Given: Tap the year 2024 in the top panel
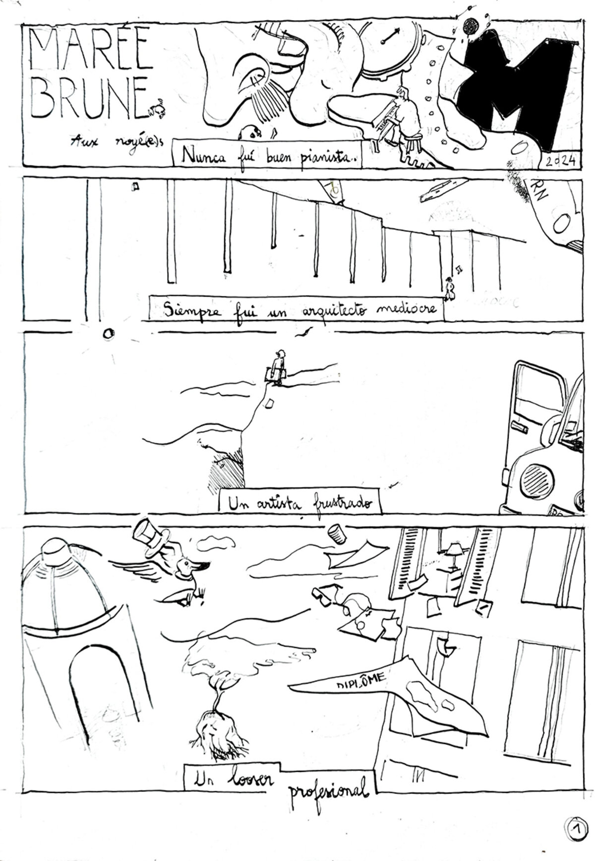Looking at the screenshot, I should [x=557, y=161].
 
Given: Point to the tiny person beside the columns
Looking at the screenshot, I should [x=450, y=290].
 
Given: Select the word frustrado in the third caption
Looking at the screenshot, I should [x=342, y=503].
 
